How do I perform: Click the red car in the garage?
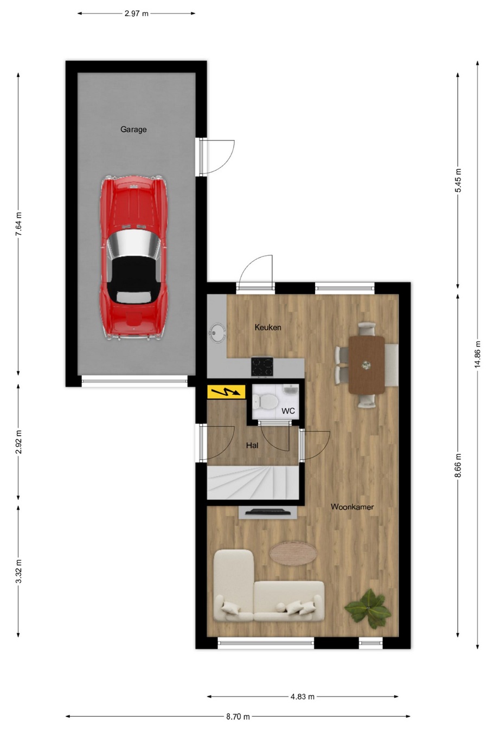pos(134,258)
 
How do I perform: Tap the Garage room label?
pos(133,130)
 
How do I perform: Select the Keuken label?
pos(268,327)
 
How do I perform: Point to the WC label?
pos(288,411)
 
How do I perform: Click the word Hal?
pos(252,445)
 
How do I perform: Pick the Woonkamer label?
pos(352,507)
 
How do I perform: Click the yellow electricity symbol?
pos(226,391)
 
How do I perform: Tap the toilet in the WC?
pos(266,401)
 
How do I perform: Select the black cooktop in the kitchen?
pos(262,367)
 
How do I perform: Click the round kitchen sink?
pos(217,333)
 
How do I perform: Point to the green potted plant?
pos(368,608)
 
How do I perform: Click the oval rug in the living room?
pos(293,554)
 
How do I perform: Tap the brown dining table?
pos(367,365)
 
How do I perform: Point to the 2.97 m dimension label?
pos(137,14)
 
